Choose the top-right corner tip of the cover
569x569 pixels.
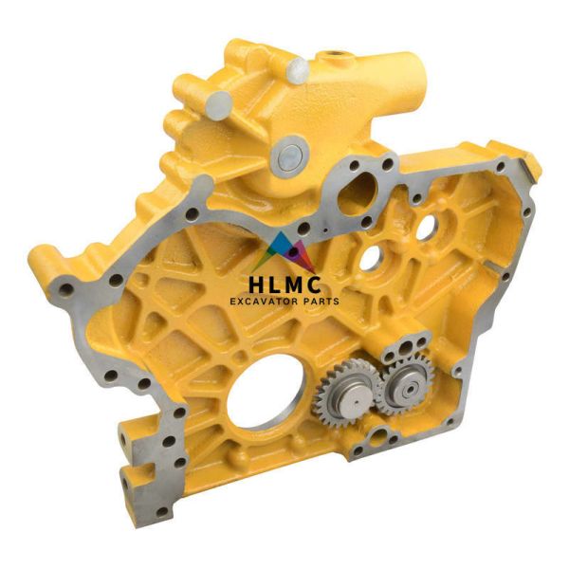point(534,169)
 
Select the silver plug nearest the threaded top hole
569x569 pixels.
point(296,67)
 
